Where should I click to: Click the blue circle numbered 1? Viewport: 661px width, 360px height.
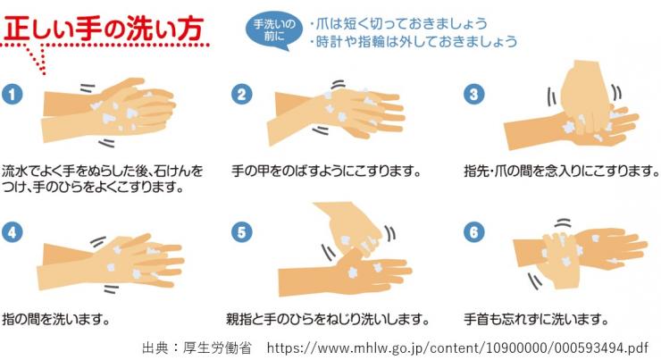(x=13, y=94)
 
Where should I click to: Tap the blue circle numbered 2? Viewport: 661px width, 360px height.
(x=241, y=94)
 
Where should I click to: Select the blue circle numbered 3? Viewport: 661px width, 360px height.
(x=473, y=94)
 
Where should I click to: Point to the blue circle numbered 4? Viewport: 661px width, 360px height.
(x=13, y=232)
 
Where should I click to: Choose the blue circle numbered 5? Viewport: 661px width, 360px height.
(x=241, y=232)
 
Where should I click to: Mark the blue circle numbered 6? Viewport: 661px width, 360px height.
(x=473, y=232)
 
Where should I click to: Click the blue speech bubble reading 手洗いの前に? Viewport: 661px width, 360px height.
(x=274, y=29)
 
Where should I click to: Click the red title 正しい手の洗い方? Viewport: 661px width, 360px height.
(x=104, y=29)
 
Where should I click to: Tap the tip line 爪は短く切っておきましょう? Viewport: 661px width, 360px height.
(x=398, y=23)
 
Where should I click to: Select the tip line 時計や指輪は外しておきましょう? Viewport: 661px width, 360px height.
(x=413, y=41)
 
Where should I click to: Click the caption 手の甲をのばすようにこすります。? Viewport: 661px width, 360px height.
(x=326, y=172)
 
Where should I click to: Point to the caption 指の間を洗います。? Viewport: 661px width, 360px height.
(x=56, y=319)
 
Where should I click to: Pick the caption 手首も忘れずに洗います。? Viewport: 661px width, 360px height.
(x=536, y=319)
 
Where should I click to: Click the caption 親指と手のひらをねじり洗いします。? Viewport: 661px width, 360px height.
(x=328, y=319)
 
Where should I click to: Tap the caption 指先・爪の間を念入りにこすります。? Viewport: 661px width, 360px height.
(x=562, y=172)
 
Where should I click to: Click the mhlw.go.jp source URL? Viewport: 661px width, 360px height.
(x=457, y=348)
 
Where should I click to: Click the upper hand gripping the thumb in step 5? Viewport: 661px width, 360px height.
(x=350, y=230)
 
